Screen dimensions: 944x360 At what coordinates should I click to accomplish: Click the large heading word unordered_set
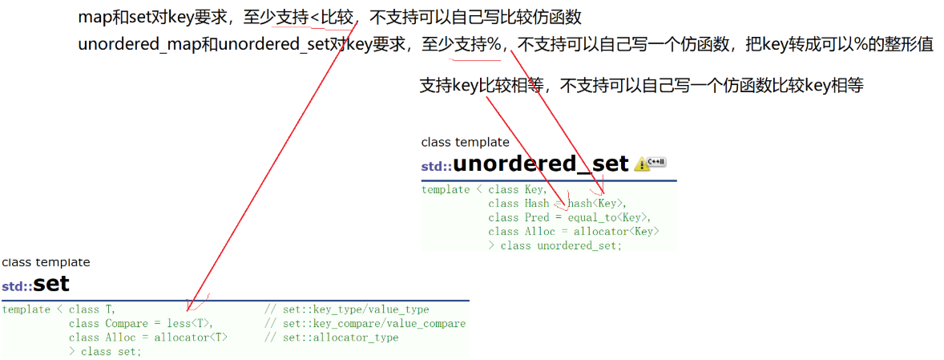(541, 164)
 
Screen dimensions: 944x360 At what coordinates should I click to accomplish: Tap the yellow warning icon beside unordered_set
(642, 164)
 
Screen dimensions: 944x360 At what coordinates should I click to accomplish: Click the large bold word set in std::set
(51, 284)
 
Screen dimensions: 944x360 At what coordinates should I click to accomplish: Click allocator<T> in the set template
(191, 338)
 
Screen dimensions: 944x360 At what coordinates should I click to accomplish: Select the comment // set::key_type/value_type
(346, 309)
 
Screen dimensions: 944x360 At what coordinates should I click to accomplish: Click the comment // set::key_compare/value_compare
(365, 324)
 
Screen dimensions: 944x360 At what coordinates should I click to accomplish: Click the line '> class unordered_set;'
(555, 245)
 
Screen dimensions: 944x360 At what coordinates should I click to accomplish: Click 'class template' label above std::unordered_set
(465, 143)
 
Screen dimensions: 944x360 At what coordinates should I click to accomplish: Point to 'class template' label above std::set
(46, 262)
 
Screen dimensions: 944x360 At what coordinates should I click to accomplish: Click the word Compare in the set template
(126, 324)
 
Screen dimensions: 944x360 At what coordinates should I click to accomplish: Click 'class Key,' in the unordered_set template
(518, 190)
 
